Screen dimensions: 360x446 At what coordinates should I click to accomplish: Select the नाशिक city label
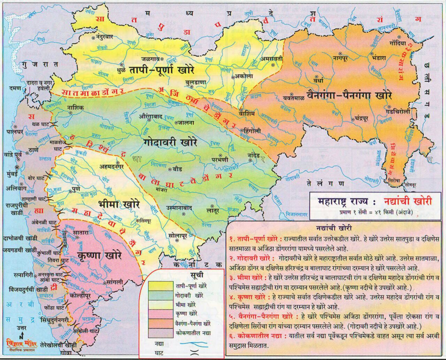[x=75, y=108]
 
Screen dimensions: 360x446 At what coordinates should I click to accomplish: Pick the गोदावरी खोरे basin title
[x=170, y=143]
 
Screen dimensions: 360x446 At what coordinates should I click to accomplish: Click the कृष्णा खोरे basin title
[x=99, y=255]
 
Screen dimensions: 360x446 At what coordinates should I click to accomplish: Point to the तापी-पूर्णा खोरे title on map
[x=162, y=70]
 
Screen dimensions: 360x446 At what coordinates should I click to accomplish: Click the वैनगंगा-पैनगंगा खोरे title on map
[x=349, y=95]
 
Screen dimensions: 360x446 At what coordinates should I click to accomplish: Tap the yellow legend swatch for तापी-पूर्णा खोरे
[x=160, y=286]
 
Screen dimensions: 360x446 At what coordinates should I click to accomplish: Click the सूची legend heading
[x=197, y=275]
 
